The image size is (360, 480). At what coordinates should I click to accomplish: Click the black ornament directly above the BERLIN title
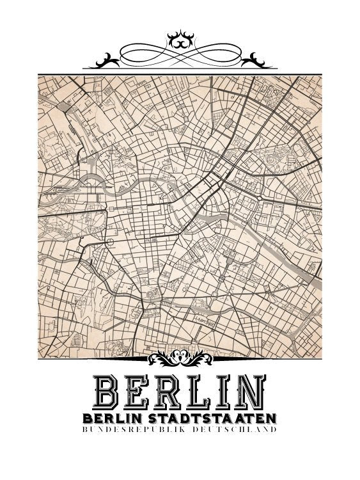click(180, 355)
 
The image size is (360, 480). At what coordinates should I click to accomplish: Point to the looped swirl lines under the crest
click(179, 54)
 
